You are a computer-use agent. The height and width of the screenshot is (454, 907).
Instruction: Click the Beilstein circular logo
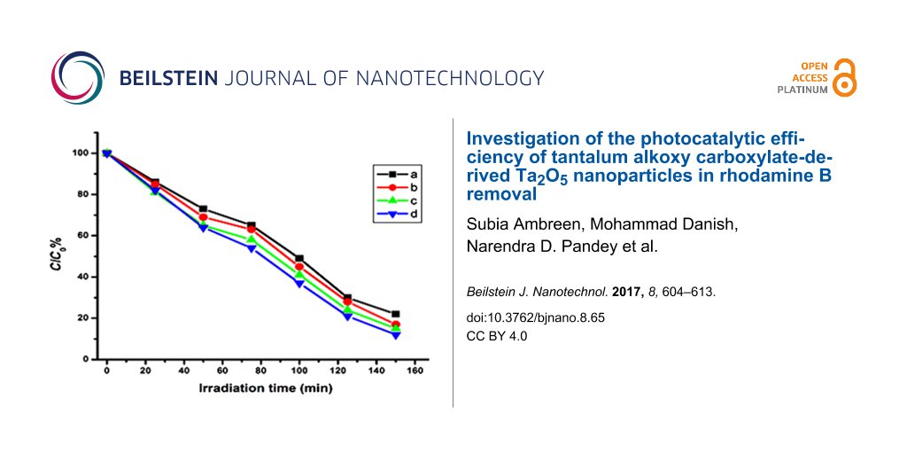[x=78, y=78]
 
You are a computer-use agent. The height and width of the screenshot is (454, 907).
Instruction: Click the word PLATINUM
[x=802, y=90]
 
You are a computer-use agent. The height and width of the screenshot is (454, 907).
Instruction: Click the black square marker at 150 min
[x=395, y=314]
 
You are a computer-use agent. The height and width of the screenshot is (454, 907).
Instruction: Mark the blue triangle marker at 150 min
[x=395, y=335]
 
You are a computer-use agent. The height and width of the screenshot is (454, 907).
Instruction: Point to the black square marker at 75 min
[x=252, y=225]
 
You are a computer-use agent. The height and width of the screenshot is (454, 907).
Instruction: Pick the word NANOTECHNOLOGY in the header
[x=449, y=78]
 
